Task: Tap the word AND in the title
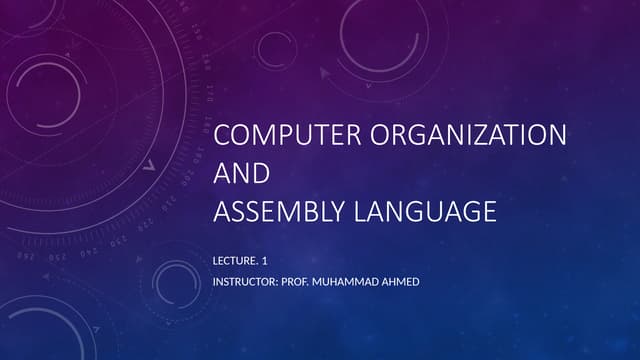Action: click(x=242, y=173)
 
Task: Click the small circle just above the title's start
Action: click(x=273, y=48)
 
